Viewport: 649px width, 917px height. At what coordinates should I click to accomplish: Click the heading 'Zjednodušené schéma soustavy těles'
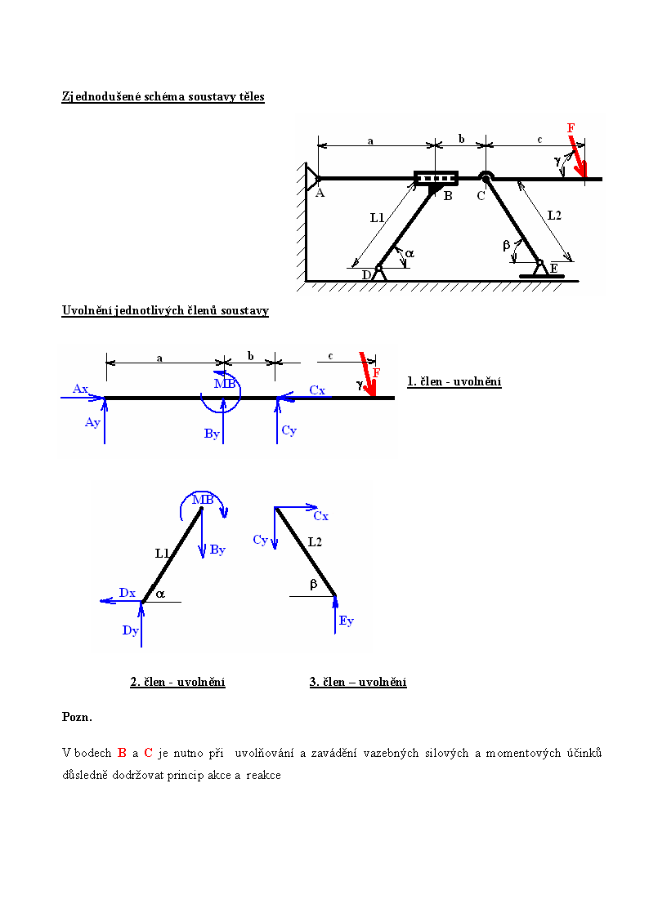point(163,97)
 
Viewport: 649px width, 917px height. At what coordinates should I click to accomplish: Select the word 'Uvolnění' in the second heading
point(87,310)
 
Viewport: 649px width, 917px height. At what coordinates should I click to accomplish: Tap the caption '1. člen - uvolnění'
point(454,382)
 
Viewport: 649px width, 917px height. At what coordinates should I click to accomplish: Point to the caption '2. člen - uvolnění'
point(178,682)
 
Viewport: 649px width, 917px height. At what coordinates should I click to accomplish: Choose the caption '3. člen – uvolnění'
point(358,682)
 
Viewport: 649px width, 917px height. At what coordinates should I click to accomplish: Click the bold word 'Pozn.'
point(78,717)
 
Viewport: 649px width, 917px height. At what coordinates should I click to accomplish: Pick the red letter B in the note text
point(122,753)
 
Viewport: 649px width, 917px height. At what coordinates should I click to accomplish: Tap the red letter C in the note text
point(148,753)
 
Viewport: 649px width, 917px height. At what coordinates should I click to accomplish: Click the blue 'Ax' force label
point(80,389)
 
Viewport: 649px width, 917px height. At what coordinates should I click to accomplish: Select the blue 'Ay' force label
point(92,422)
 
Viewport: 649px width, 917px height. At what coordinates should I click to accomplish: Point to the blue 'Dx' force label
point(127,593)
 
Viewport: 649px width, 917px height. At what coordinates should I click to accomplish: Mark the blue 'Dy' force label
point(130,630)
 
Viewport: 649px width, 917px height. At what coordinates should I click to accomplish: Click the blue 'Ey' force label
point(347,621)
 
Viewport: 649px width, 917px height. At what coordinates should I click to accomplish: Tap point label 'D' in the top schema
point(366,275)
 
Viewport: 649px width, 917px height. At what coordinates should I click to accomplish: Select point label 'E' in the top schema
point(553,269)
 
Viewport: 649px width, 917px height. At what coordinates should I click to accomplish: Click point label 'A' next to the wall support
point(320,193)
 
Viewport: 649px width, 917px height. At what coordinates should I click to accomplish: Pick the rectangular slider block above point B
point(436,178)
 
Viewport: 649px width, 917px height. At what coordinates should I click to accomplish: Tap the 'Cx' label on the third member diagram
point(320,516)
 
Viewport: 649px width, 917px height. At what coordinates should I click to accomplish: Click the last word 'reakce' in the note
point(263,776)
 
